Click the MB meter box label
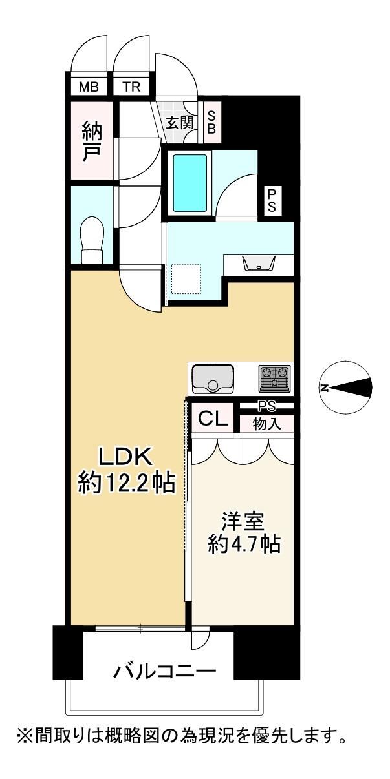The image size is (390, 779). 89,87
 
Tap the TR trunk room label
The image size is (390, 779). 131,87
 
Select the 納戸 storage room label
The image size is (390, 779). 92,143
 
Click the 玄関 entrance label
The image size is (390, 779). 179,123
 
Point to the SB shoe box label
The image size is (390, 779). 211,122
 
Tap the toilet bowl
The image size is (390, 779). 92,239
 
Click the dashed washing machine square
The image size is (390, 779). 186,278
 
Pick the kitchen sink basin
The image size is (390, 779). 213,379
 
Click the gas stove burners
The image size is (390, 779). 274,378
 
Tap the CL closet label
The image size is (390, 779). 213,419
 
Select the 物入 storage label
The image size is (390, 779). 266,424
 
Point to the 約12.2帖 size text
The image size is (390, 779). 126,483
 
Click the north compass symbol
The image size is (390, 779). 346,388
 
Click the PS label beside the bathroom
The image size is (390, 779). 272,200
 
